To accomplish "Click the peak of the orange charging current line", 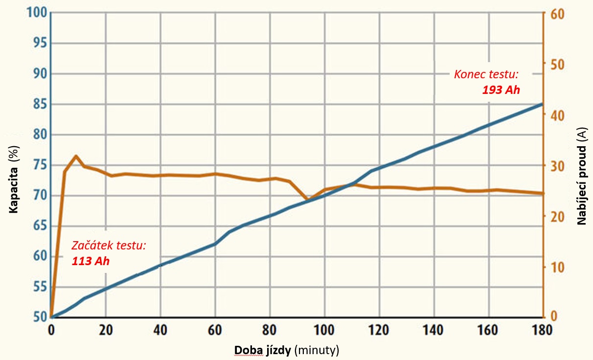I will [76, 156].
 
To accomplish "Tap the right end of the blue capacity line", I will [542, 104].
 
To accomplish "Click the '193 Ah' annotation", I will [501, 90].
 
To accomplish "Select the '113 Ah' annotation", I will [91, 261].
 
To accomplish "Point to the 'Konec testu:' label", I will [486, 74].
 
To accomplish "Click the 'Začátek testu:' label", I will [109, 246].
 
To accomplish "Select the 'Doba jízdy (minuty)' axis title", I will [287, 350].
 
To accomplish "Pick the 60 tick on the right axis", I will [557, 13].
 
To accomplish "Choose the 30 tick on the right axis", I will [557, 166].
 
